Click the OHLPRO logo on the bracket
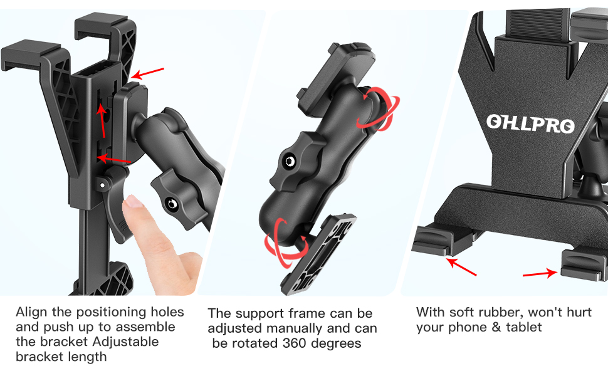[x=530, y=123]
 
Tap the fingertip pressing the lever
[x=133, y=204]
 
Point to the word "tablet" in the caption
[x=521, y=327]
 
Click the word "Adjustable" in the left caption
[x=125, y=342]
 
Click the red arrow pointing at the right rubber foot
[x=540, y=273]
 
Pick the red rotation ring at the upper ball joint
[x=374, y=108]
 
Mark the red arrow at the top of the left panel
[x=148, y=74]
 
